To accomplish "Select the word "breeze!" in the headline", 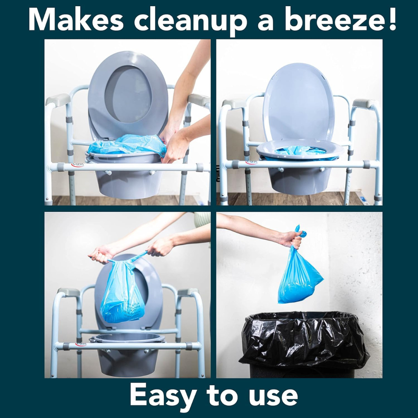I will click(x=341, y=20).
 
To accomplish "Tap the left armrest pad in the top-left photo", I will click(x=58, y=99).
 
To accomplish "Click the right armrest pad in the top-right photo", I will click(x=364, y=103).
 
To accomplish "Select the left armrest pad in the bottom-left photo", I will click(x=69, y=292).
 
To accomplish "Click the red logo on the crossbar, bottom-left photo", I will click(x=81, y=344).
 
